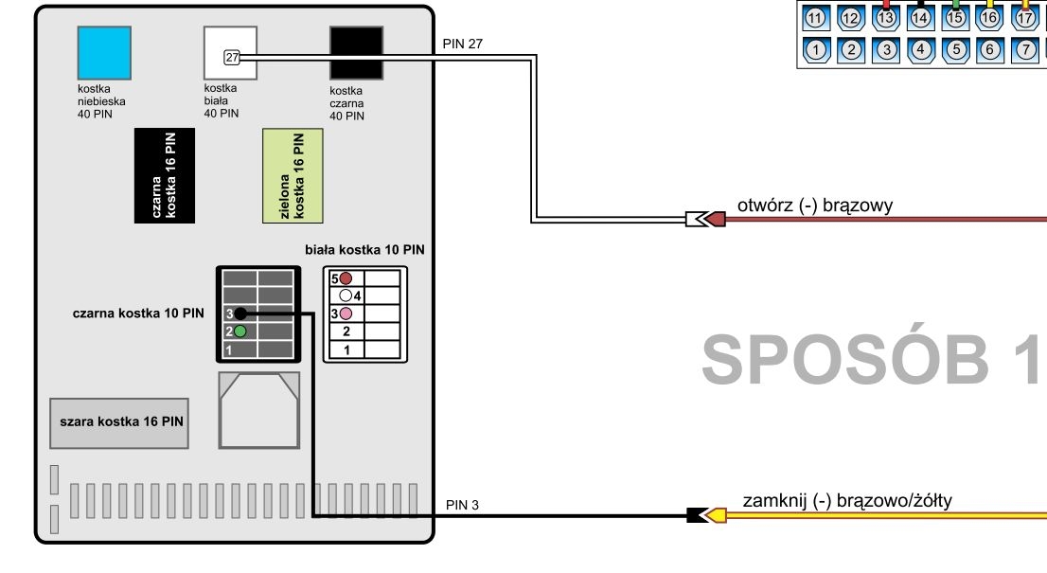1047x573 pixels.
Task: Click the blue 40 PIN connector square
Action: pos(104,53)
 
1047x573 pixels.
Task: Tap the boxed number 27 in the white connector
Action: pos(232,58)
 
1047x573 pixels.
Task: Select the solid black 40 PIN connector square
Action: pos(357,53)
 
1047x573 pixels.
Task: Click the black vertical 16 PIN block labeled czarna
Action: pos(165,175)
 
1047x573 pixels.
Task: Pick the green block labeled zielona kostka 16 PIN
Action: pos(293,175)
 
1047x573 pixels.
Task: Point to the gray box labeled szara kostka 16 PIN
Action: pos(119,423)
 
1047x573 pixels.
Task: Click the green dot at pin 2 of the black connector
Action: pos(240,331)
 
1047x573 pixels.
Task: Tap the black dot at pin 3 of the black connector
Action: pos(240,313)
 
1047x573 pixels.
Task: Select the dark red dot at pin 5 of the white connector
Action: pos(346,278)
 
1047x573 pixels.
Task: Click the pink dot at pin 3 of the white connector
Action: pos(346,313)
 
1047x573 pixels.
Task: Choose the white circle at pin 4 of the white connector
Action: pos(346,295)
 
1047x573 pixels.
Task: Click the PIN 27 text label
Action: pos(462,45)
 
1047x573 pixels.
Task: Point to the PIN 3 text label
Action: pos(462,505)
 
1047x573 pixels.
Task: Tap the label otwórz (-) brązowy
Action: pos(815,206)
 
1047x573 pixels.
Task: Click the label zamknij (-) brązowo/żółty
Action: pos(847,501)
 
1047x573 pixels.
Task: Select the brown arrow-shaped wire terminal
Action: pos(715,219)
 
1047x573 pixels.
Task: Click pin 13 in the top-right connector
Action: pos(885,18)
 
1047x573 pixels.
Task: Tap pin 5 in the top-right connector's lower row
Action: pos(956,49)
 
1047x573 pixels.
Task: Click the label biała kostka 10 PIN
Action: pos(364,250)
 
